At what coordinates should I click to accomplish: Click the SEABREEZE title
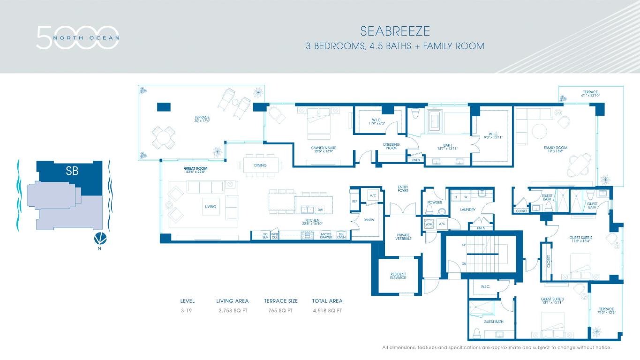pyautogui.click(x=395, y=31)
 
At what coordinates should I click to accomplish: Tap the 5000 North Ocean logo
pyautogui.click(x=78, y=37)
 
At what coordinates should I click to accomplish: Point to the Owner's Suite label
pyautogui.click(x=324, y=150)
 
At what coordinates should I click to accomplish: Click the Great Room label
pyautogui.click(x=196, y=170)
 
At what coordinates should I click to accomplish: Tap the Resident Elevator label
pyautogui.click(x=398, y=276)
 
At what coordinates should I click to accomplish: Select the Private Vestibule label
pyautogui.click(x=403, y=237)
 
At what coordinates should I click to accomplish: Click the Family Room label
pyautogui.click(x=555, y=150)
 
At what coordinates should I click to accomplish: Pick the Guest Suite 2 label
pyautogui.click(x=581, y=239)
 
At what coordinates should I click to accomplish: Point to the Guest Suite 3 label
pyautogui.click(x=552, y=300)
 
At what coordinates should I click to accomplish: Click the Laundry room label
pyautogui.click(x=467, y=210)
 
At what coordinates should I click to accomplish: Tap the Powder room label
pyautogui.click(x=434, y=202)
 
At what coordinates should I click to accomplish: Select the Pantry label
pyautogui.click(x=369, y=220)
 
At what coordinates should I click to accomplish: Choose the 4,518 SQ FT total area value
pyautogui.click(x=327, y=310)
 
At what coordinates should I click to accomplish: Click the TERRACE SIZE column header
pyautogui.click(x=280, y=301)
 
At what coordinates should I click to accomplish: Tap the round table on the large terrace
pyautogui.click(x=163, y=138)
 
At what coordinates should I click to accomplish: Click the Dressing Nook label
pyautogui.click(x=391, y=146)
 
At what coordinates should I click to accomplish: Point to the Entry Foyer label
pyautogui.click(x=403, y=188)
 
